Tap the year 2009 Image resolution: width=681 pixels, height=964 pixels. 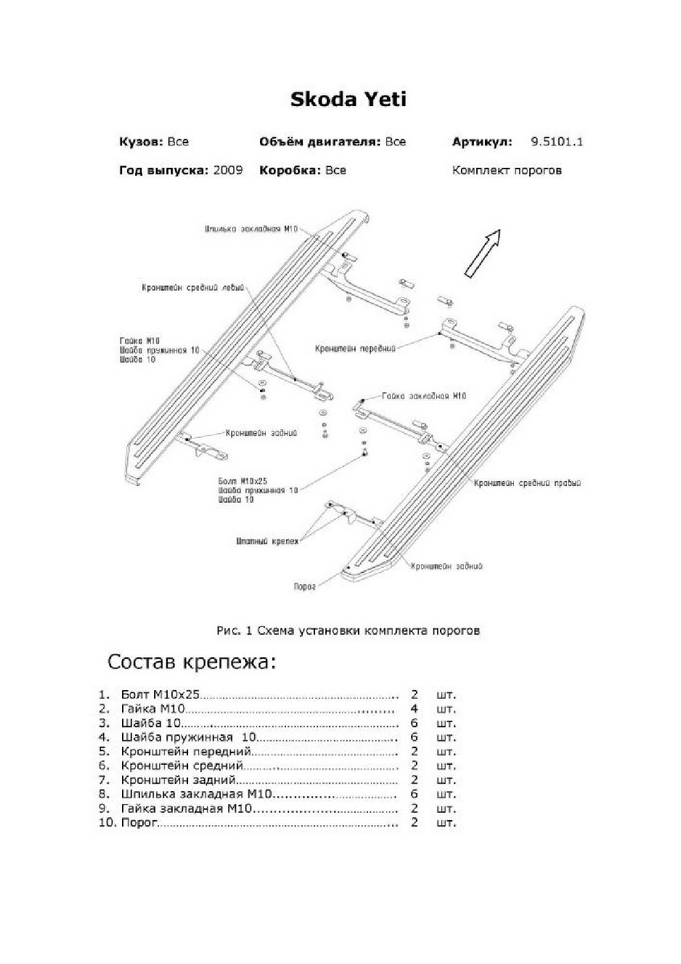click(228, 170)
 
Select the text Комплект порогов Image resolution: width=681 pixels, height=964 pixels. click(507, 170)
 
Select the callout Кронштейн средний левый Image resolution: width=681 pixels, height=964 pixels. click(191, 286)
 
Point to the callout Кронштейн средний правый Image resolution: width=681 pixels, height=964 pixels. click(527, 484)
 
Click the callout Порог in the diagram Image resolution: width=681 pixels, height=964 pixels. click(304, 586)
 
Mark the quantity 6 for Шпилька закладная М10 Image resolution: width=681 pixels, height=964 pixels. click(414, 794)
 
